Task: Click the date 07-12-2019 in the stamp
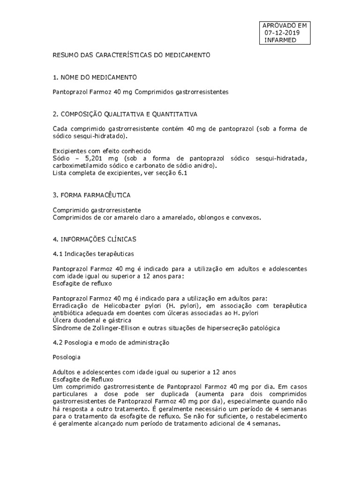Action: (x=282, y=33)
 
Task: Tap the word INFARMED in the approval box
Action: (x=280, y=40)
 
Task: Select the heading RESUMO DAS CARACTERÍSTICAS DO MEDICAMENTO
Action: (x=131, y=55)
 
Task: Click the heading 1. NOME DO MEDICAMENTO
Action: (x=95, y=77)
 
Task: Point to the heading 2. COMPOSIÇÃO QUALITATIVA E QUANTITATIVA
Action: (x=125, y=114)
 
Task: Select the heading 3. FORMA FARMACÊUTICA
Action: (x=91, y=195)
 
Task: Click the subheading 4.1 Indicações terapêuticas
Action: (x=93, y=254)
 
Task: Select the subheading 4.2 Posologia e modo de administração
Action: (x=111, y=343)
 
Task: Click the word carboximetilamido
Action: (x=82, y=166)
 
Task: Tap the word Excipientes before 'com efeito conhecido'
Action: (x=69, y=151)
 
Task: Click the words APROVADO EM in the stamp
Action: (x=285, y=25)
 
